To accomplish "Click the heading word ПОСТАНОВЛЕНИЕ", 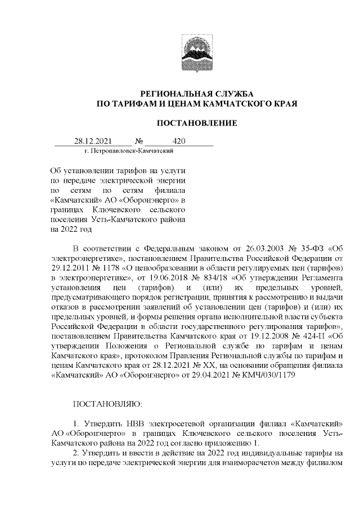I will click(x=196, y=123).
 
